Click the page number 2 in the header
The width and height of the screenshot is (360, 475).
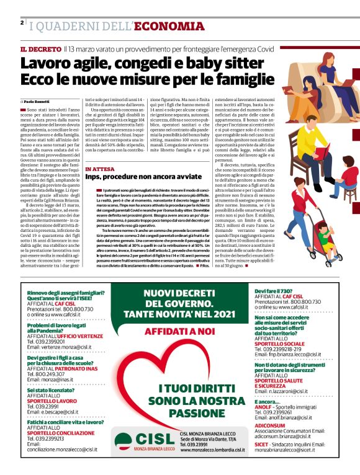tap(22, 23)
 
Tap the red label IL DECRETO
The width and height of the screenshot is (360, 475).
tap(40, 48)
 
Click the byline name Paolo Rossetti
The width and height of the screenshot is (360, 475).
tap(38, 100)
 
